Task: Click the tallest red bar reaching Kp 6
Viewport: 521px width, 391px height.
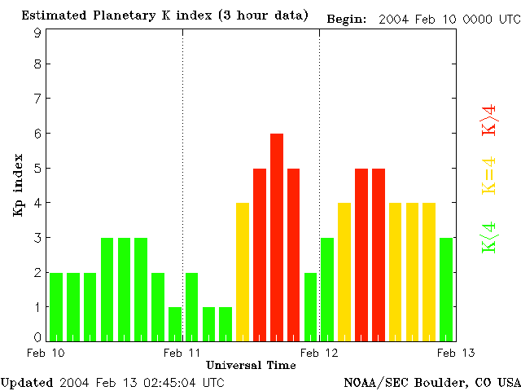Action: point(277,236)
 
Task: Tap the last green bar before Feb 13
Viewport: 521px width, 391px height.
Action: point(446,288)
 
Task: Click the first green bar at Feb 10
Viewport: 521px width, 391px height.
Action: point(56,306)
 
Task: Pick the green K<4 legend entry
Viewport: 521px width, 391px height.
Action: point(489,237)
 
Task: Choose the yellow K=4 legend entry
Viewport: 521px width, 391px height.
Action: point(489,175)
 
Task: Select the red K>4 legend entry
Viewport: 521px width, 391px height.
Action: point(489,120)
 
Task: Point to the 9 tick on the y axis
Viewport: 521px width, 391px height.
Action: point(37,33)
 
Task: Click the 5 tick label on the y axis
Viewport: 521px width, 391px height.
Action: point(37,169)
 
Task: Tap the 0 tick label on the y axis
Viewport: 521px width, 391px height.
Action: point(37,337)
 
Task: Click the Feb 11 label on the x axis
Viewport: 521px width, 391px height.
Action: point(182,353)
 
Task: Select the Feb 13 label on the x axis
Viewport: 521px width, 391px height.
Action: point(456,353)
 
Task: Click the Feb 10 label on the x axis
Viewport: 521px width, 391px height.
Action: point(46,353)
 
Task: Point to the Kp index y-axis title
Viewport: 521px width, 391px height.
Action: point(18,185)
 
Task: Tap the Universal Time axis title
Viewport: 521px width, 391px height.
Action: point(251,365)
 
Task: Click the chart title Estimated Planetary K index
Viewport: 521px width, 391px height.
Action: point(164,15)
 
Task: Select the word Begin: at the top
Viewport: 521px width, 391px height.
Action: point(347,19)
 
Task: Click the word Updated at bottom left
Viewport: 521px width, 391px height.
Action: point(27,382)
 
